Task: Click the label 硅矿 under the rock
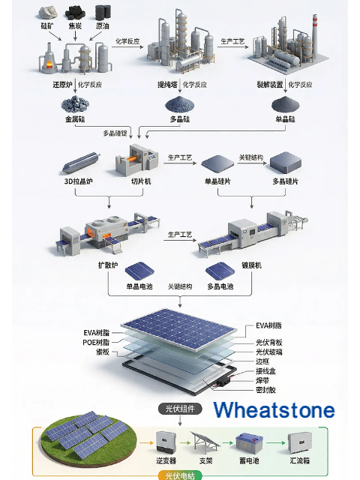click(x=46, y=26)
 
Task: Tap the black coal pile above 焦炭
click(x=75, y=13)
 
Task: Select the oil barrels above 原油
click(x=103, y=12)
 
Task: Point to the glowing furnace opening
click(x=49, y=65)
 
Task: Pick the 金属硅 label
click(x=75, y=119)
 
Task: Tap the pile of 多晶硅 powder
click(x=180, y=104)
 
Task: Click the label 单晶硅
click(x=285, y=119)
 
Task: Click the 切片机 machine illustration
click(x=137, y=160)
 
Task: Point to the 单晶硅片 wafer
click(x=217, y=162)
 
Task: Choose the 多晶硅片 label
click(x=285, y=181)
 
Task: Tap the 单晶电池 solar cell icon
click(x=139, y=271)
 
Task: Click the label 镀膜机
click(x=252, y=265)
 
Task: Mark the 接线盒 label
click(x=265, y=371)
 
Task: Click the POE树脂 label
click(x=96, y=342)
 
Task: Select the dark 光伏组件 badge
click(x=180, y=409)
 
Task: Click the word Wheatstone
click(x=274, y=410)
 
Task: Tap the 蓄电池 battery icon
click(x=249, y=443)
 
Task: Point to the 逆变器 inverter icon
click(x=166, y=442)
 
